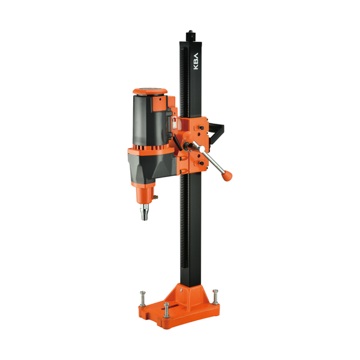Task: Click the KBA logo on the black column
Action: click(x=196, y=61)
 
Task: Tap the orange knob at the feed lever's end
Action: click(x=227, y=176)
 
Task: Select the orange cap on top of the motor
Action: click(x=150, y=91)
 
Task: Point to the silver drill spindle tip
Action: click(x=145, y=212)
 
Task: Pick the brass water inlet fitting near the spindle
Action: click(x=156, y=197)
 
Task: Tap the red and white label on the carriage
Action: click(x=175, y=123)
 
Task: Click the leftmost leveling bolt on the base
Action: click(x=143, y=299)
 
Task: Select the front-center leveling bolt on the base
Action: click(x=166, y=310)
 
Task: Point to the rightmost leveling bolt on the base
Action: click(x=215, y=297)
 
